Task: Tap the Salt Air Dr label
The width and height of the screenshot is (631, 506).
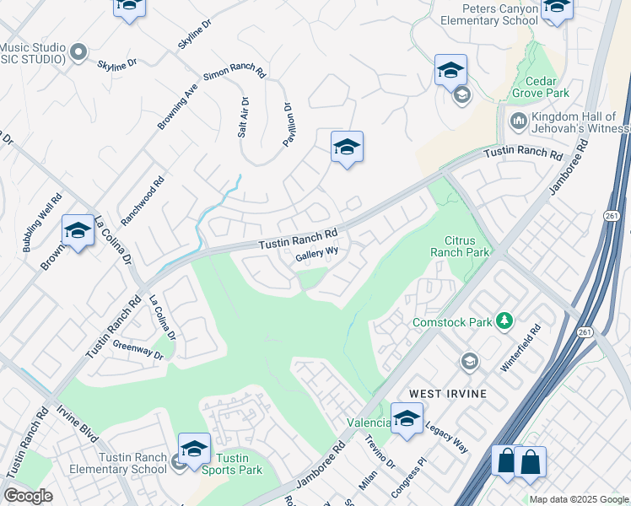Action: (243, 118)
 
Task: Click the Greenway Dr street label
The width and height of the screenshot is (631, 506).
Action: (138, 351)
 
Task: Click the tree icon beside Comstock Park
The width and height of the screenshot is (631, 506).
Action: (504, 320)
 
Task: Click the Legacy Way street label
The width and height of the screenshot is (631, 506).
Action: (446, 437)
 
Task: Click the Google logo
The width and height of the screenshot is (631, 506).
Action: (28, 495)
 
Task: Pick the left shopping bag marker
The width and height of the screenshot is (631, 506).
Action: (506, 461)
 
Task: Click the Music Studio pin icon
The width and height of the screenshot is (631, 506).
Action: (78, 52)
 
